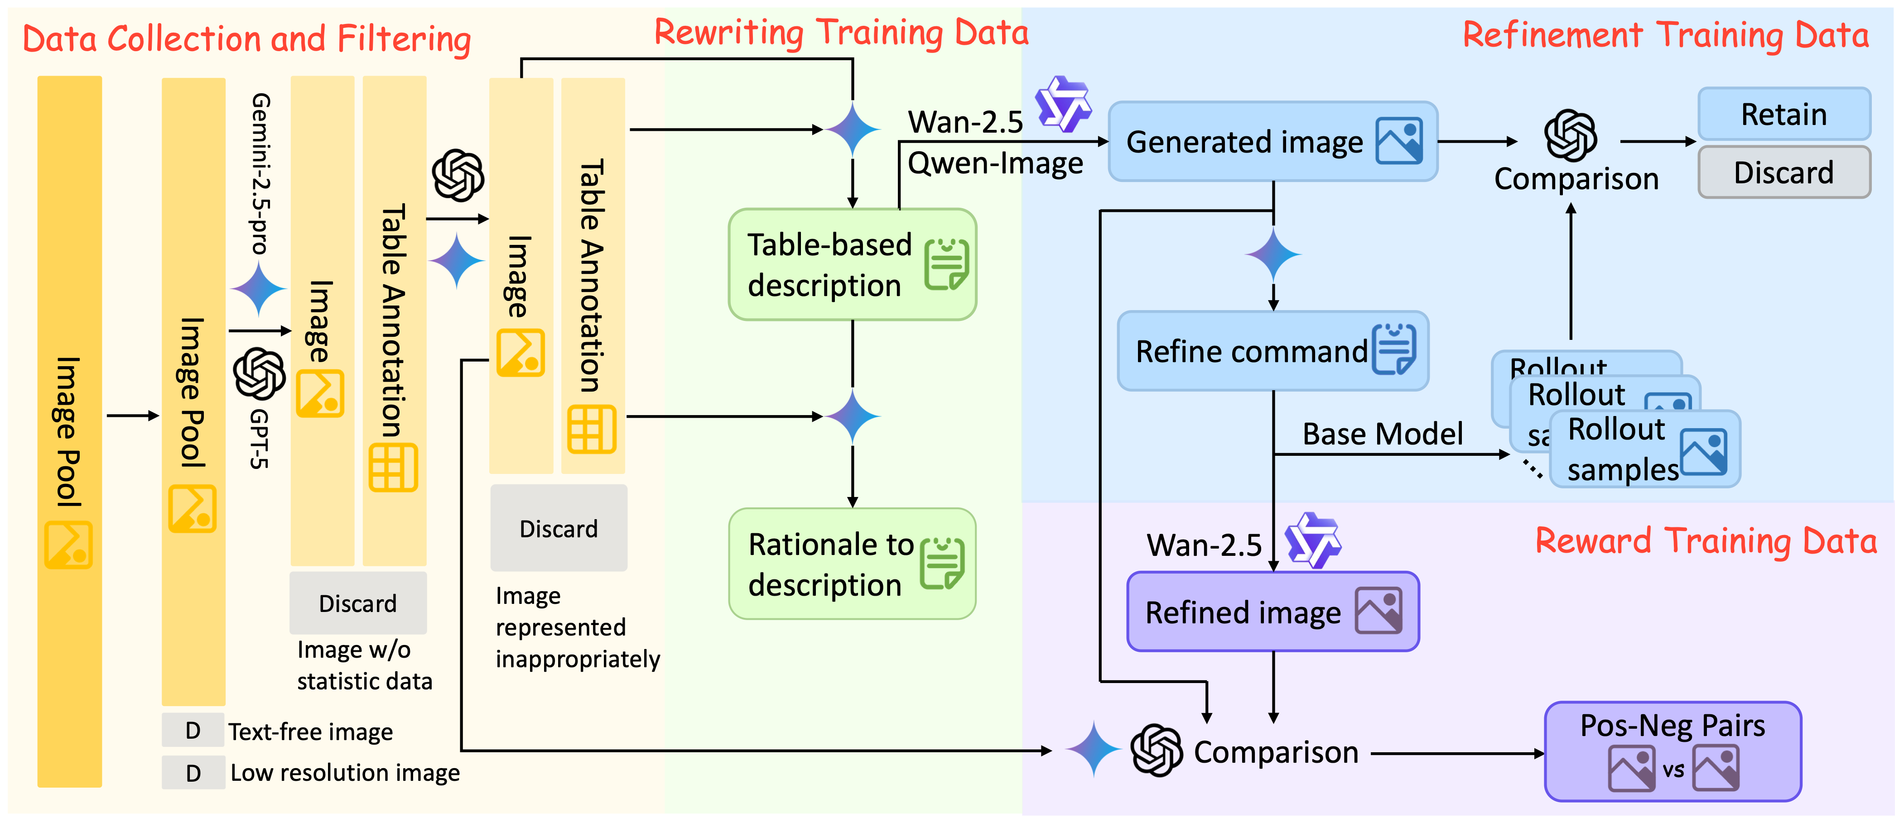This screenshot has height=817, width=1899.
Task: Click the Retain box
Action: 1783,114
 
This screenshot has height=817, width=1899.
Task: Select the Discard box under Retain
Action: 1783,172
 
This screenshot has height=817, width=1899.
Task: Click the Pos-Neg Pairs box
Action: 1672,751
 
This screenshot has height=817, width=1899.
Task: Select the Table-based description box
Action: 852,264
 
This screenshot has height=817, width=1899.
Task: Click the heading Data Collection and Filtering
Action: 246,39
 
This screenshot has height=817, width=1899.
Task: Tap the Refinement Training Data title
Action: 1665,35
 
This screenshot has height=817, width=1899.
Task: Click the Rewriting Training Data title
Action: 840,33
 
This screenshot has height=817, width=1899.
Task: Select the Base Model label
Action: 1382,434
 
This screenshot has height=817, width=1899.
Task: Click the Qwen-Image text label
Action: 994,163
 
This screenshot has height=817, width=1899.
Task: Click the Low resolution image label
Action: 344,772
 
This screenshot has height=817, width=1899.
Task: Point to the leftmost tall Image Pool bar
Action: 69,431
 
